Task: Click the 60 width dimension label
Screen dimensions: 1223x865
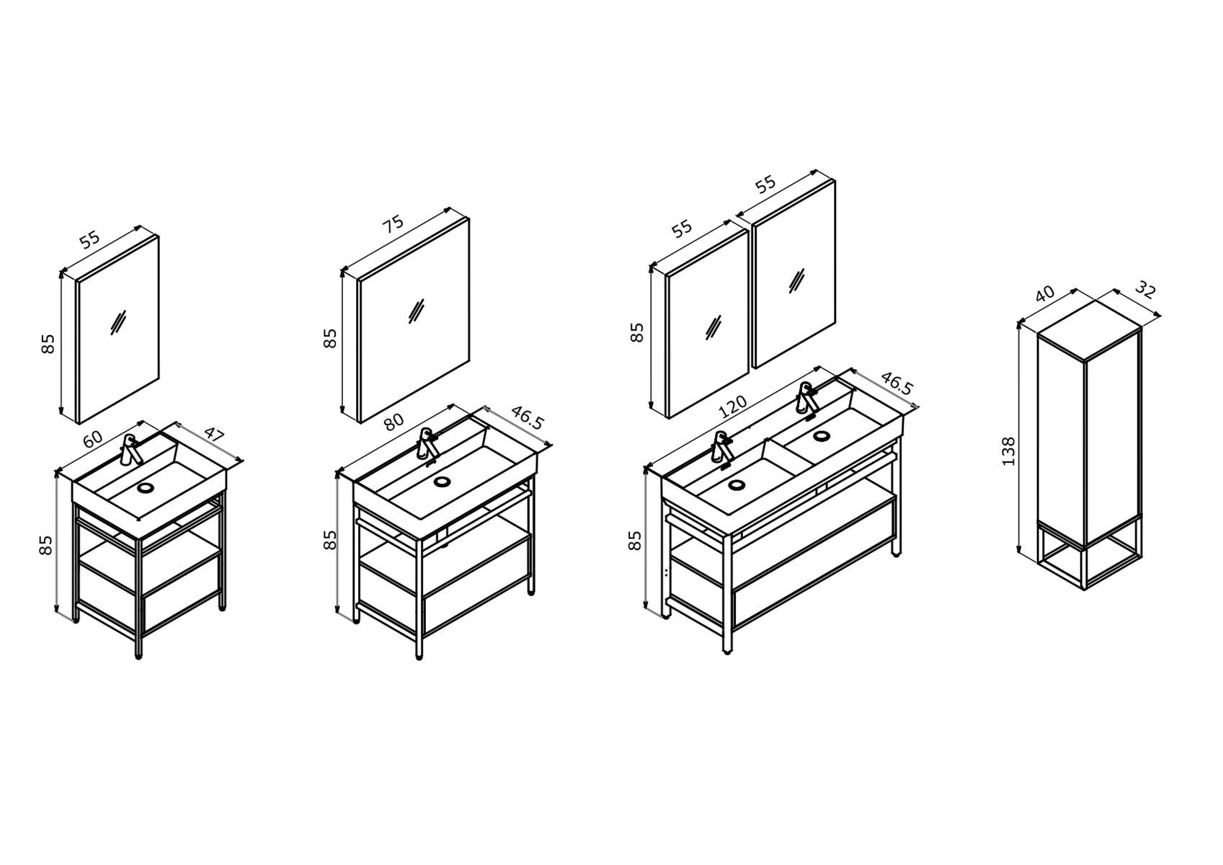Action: pos(94,438)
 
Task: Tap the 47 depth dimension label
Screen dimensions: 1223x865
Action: pos(215,435)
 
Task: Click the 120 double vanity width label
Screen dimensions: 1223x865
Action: pos(733,407)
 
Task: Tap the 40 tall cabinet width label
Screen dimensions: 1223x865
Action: pos(1044,293)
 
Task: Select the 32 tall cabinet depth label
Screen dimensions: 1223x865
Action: pos(1145,290)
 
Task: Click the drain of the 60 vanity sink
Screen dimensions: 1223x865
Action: pos(146,488)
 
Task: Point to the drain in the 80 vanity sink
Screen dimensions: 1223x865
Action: pos(442,481)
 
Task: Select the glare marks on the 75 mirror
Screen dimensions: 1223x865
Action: pos(416,312)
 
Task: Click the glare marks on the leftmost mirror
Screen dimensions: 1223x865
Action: pos(118,322)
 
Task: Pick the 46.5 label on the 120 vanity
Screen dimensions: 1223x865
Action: pos(897,385)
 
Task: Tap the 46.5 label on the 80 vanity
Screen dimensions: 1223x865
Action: pos(528,418)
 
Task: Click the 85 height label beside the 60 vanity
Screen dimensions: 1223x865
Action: pos(46,546)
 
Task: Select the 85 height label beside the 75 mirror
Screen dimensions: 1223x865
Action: pos(330,339)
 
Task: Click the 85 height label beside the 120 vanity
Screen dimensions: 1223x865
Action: pos(636,541)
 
